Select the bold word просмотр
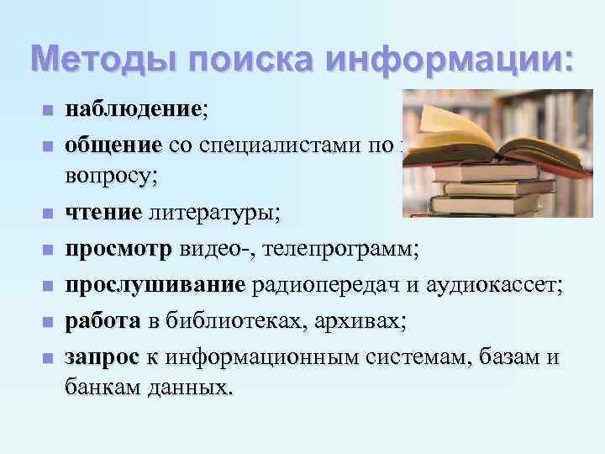click(119, 250)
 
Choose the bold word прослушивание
click(155, 285)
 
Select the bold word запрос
click(102, 356)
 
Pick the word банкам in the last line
click(103, 390)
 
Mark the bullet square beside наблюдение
click(47, 111)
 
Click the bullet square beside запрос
click(47, 358)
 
